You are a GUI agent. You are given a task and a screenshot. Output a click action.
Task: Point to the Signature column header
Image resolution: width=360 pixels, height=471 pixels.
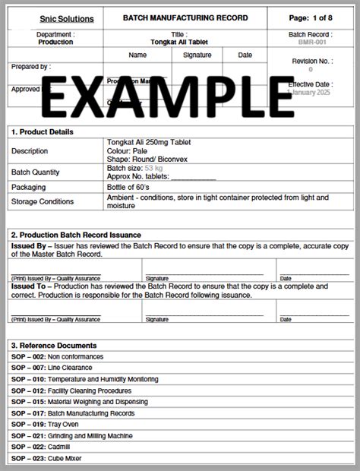(x=197, y=55)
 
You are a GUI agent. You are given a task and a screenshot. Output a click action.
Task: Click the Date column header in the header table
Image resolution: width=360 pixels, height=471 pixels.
(x=245, y=55)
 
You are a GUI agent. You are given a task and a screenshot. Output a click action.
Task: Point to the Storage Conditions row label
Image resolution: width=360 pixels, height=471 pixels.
(x=43, y=201)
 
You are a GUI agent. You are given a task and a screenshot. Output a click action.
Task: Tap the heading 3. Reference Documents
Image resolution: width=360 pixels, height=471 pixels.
(x=54, y=345)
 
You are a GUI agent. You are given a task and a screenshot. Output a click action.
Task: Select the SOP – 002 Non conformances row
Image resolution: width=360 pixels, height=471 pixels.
(x=58, y=356)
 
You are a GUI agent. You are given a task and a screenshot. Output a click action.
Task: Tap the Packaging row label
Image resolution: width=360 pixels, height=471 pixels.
(x=29, y=187)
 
